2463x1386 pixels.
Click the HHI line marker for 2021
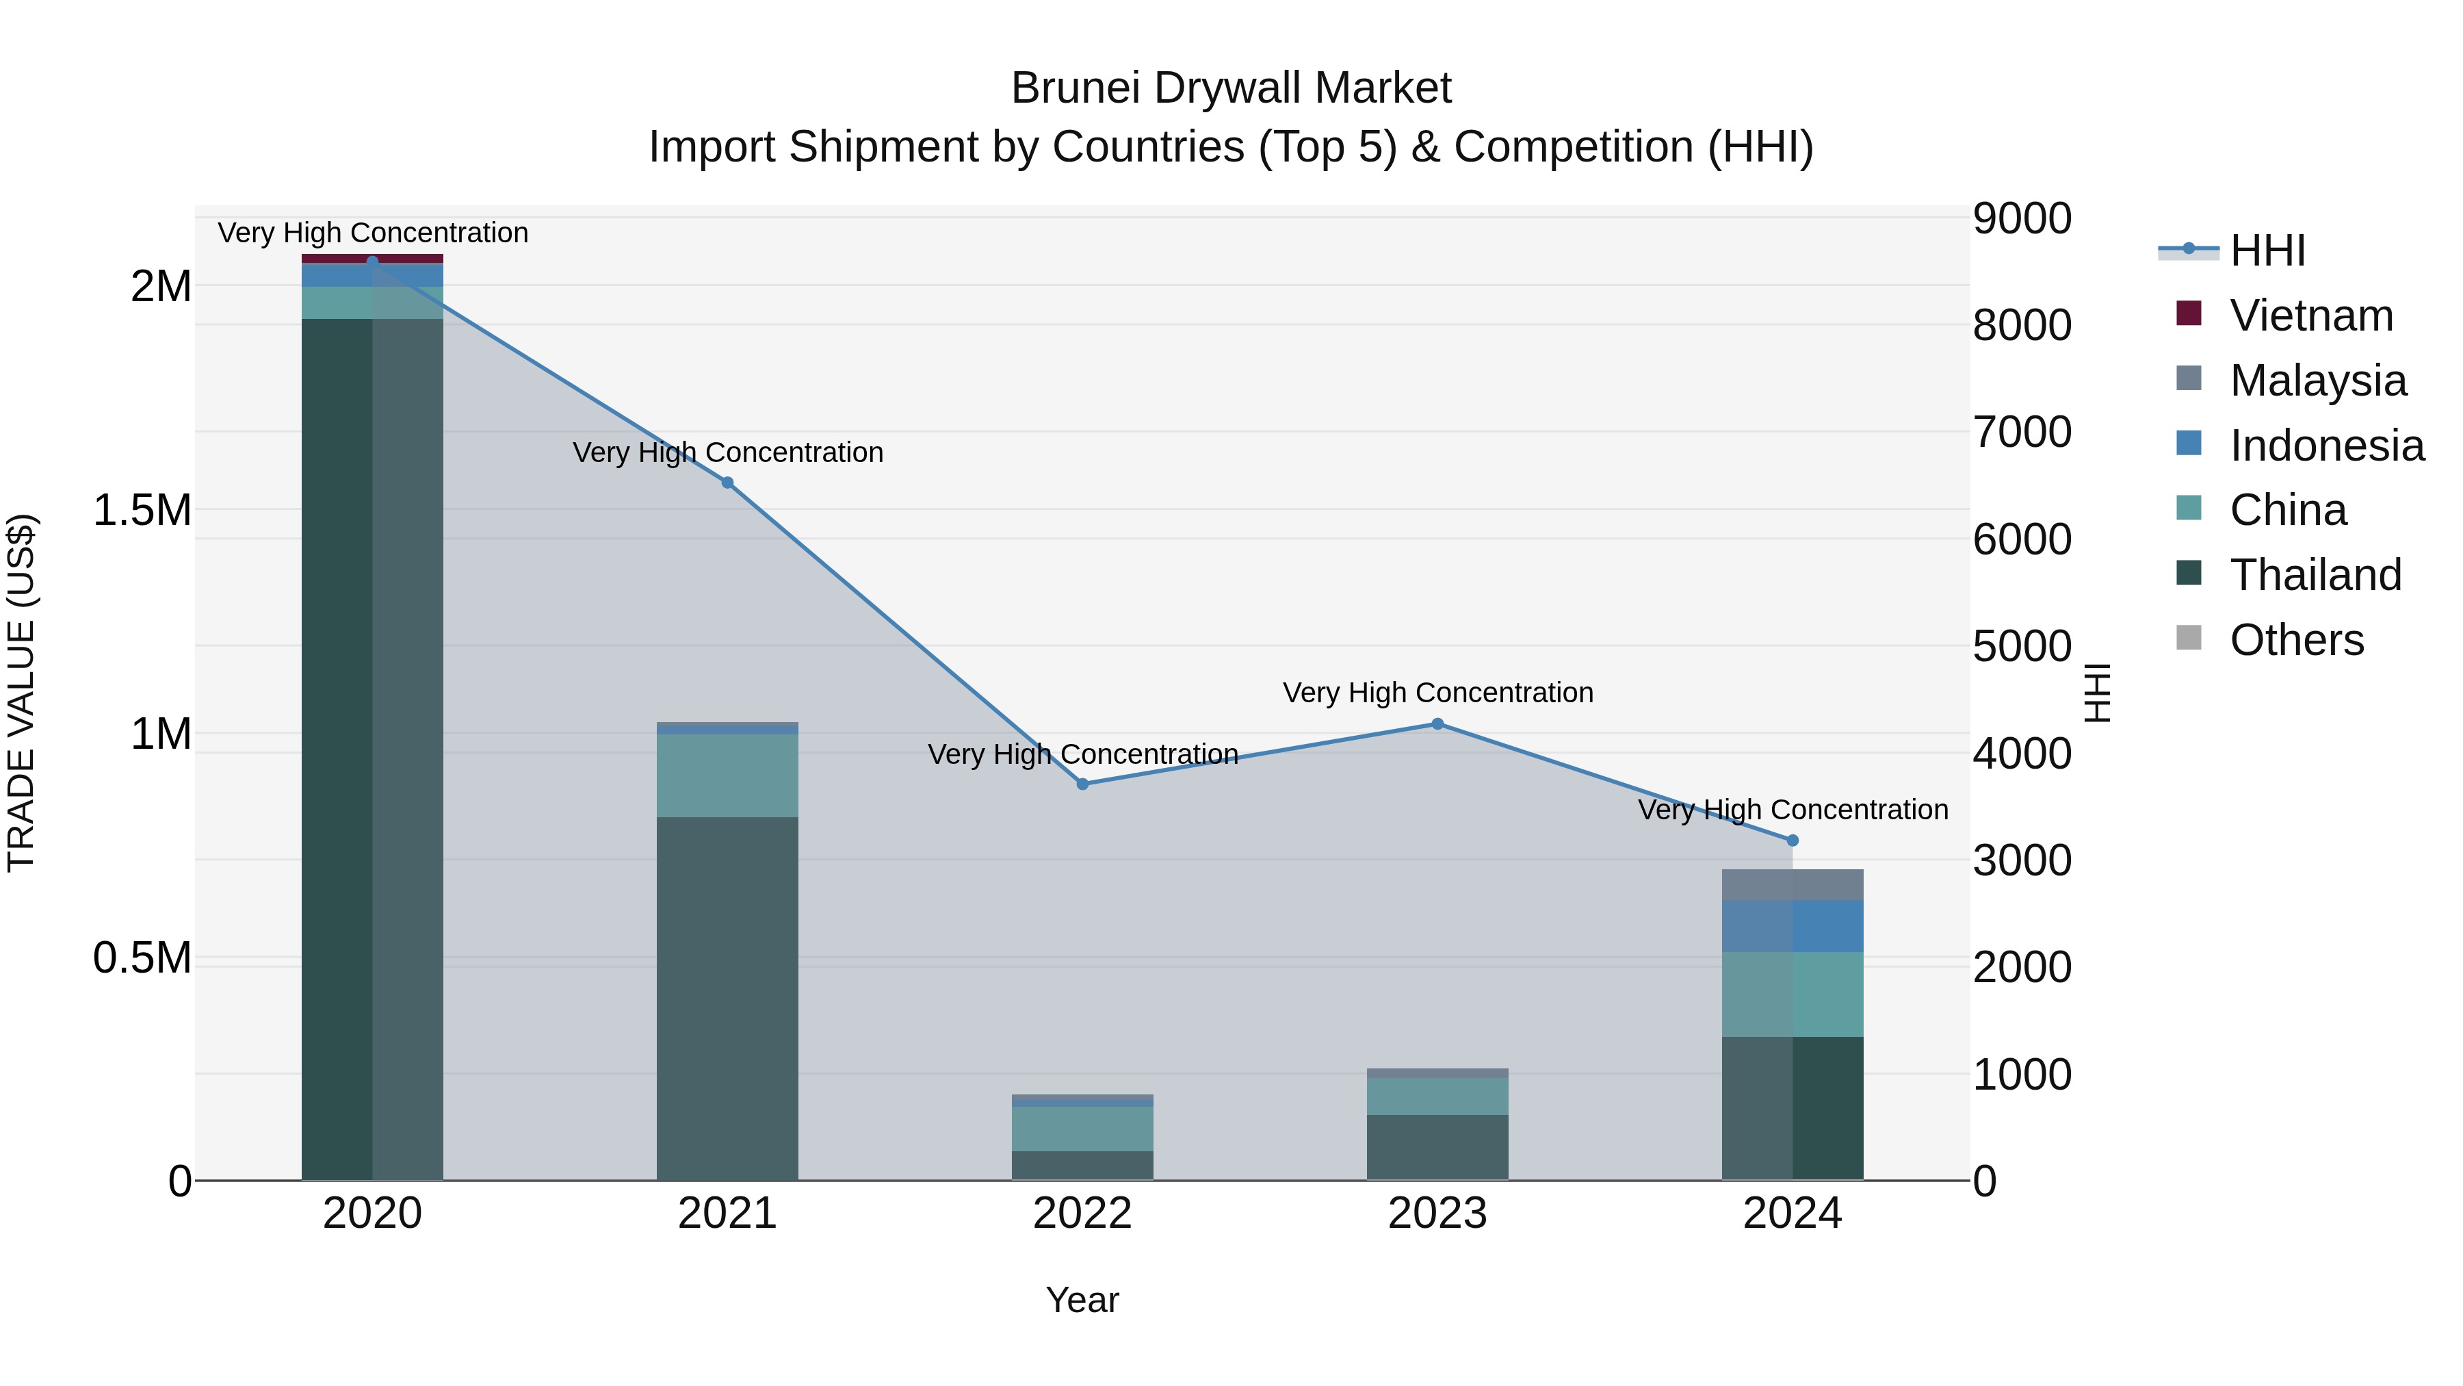tap(728, 483)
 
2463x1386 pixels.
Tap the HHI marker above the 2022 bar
tap(1082, 784)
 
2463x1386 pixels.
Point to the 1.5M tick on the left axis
tap(142, 510)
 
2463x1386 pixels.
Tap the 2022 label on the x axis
tap(1082, 1214)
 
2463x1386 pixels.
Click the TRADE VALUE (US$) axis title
tap(21, 693)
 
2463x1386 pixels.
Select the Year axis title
tap(1082, 1300)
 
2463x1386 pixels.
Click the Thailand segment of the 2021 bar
tap(728, 994)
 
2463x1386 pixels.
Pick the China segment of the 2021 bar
tap(728, 775)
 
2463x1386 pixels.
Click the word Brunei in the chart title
tap(1075, 88)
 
